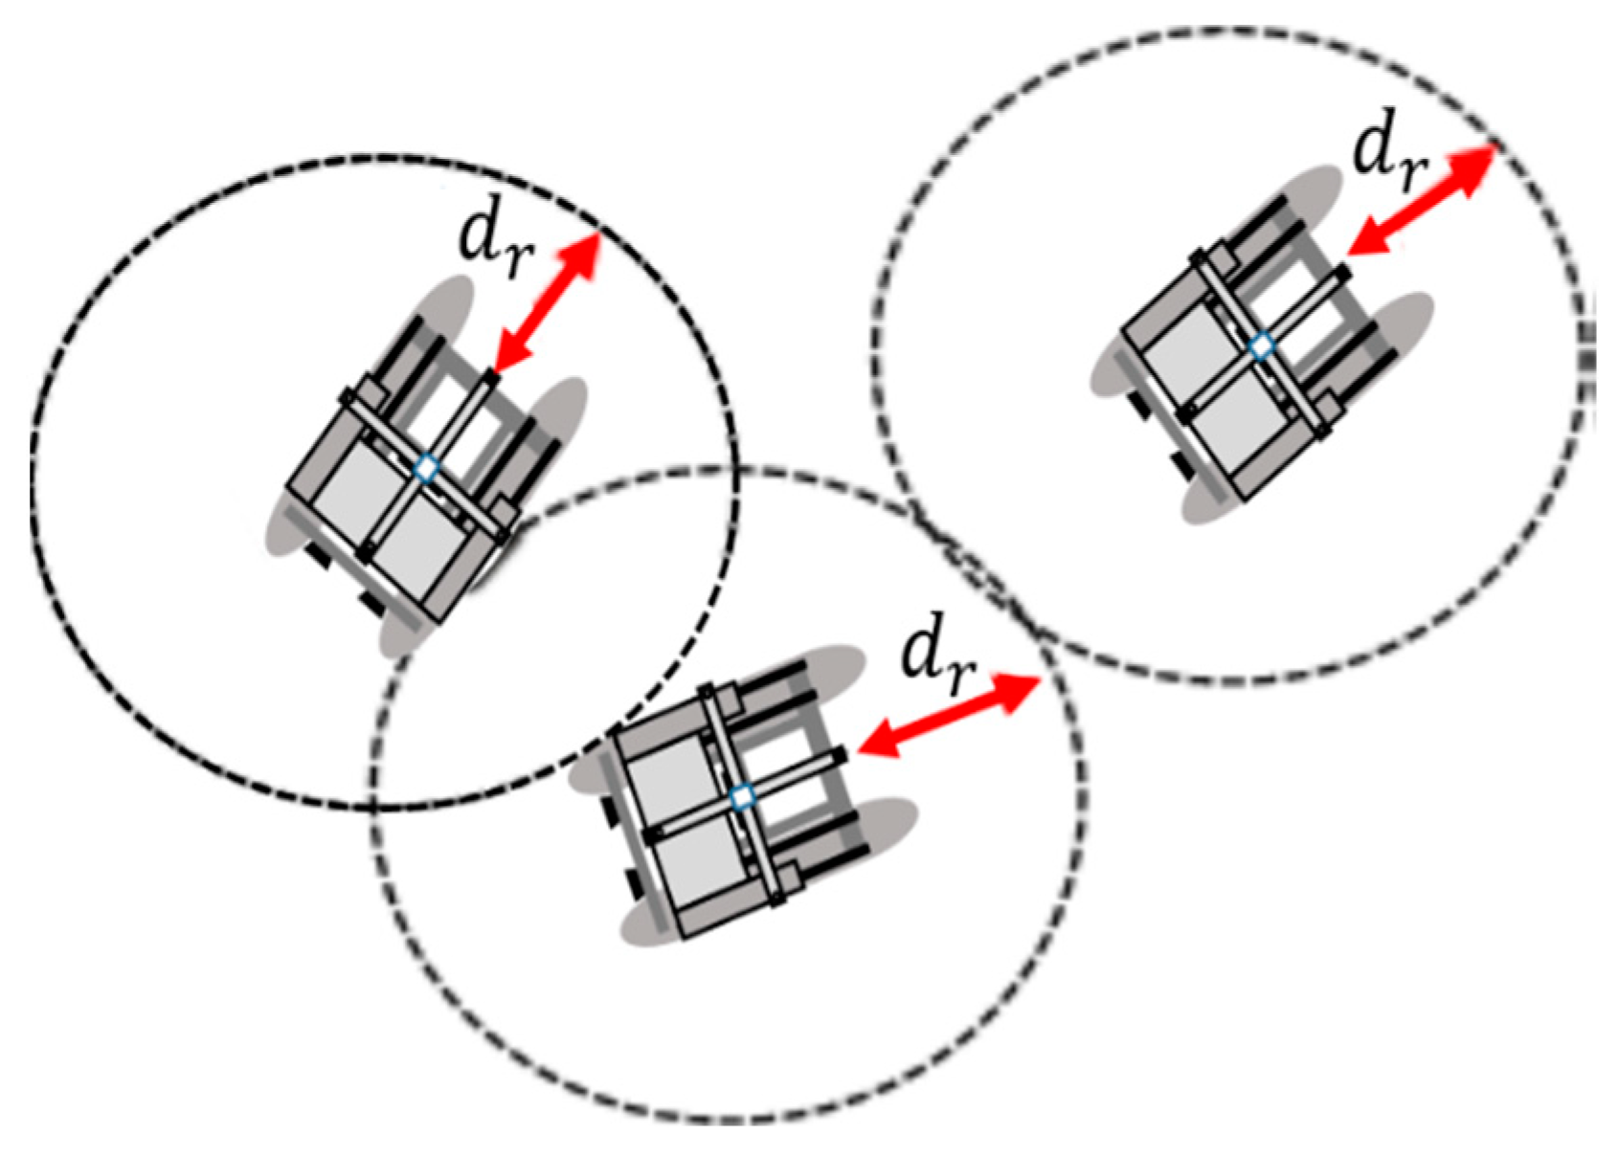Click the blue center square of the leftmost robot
click(x=427, y=469)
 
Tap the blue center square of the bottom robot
click(x=741, y=796)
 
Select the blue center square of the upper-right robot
click(x=1263, y=345)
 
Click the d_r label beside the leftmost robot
click(x=493, y=243)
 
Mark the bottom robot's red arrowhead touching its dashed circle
click(x=1023, y=684)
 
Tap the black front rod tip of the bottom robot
click(x=840, y=756)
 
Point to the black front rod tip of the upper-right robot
click(x=1342, y=274)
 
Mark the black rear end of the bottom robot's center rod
click(x=652, y=837)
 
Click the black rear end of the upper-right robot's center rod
click(x=1185, y=412)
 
